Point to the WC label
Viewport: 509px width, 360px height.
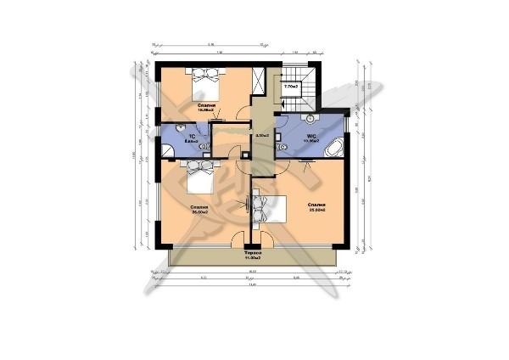310,134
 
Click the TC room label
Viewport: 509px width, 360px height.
193,136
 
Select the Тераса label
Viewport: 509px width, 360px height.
253,254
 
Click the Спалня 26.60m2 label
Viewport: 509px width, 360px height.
200,210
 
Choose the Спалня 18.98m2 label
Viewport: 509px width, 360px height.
205,107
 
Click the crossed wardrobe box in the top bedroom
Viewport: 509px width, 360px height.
261,82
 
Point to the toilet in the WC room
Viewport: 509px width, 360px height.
284,148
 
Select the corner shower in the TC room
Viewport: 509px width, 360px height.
168,151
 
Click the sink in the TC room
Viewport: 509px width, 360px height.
204,128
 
